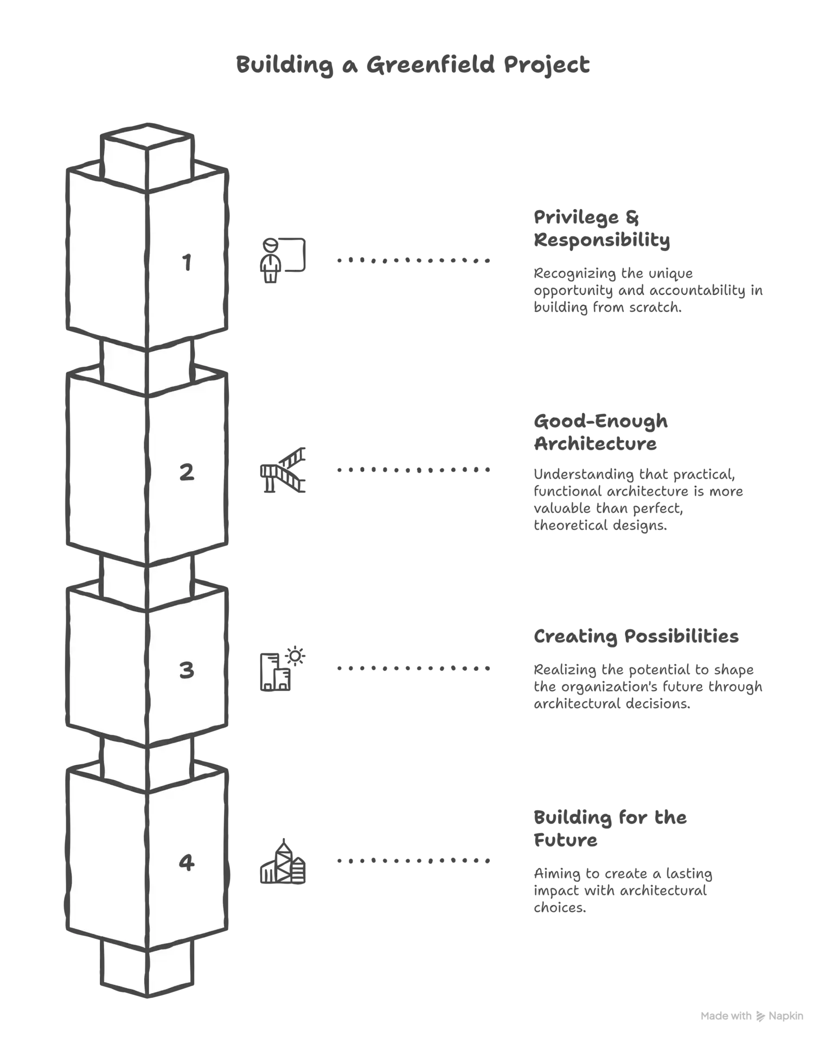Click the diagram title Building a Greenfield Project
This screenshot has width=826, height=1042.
click(413, 65)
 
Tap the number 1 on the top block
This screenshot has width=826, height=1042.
click(187, 262)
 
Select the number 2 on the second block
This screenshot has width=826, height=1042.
click(187, 472)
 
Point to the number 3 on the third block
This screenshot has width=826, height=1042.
click(187, 670)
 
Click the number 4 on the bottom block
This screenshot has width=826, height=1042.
click(187, 862)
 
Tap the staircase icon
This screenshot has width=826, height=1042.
click(283, 470)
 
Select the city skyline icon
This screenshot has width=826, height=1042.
click(283, 861)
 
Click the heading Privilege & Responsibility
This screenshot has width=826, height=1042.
click(602, 228)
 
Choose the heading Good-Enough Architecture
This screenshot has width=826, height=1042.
click(601, 433)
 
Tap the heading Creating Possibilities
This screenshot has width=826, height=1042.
click(636, 636)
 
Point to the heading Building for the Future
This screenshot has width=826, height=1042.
click(610, 829)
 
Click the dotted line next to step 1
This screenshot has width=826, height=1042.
click(413, 260)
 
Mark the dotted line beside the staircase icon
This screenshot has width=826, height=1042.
click(413, 469)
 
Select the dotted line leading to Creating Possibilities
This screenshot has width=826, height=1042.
click(413, 668)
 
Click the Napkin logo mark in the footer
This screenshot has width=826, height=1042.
click(760, 1016)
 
